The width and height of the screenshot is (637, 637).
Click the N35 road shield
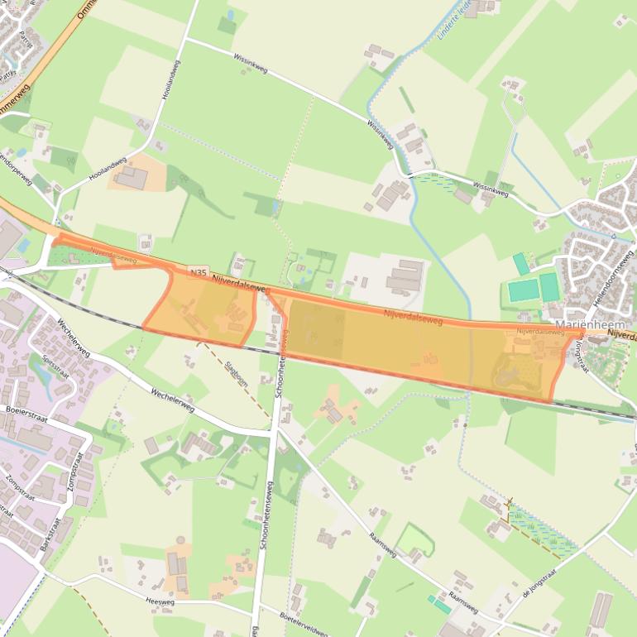(197, 271)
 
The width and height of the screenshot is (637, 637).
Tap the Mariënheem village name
(588, 323)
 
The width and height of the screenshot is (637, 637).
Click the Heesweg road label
(160, 602)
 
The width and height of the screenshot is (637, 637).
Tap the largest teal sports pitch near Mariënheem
(522, 291)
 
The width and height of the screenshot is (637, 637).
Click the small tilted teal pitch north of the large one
(521, 264)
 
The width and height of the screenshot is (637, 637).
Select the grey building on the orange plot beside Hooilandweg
(130, 177)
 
